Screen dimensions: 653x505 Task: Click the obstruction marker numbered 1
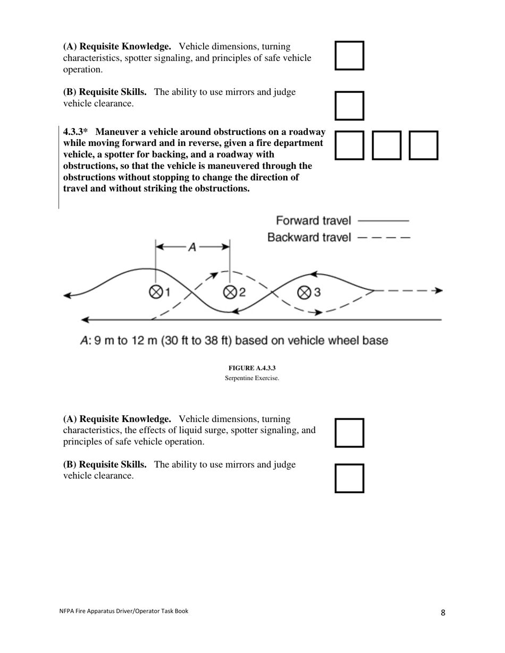coord(156,292)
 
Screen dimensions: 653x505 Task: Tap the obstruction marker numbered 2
coord(230,292)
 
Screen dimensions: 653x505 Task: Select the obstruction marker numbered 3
coord(304,292)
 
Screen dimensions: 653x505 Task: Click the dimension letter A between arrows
coord(192,247)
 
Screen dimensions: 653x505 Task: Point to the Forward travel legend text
coord(314,220)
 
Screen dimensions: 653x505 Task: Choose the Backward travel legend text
coord(309,237)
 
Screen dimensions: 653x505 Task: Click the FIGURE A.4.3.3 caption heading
coord(252,368)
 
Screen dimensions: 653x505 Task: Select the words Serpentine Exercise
coord(252,378)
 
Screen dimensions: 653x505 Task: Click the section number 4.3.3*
coord(75,132)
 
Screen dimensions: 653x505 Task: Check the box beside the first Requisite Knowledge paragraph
coord(349,55)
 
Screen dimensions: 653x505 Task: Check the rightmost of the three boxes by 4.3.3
coord(423,145)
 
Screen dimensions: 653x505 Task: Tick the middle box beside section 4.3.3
coord(386,145)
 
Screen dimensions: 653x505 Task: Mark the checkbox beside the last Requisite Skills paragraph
coord(349,478)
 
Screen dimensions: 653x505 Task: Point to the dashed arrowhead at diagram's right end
coord(438,290)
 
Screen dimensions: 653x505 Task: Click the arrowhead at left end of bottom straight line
coord(85,320)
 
